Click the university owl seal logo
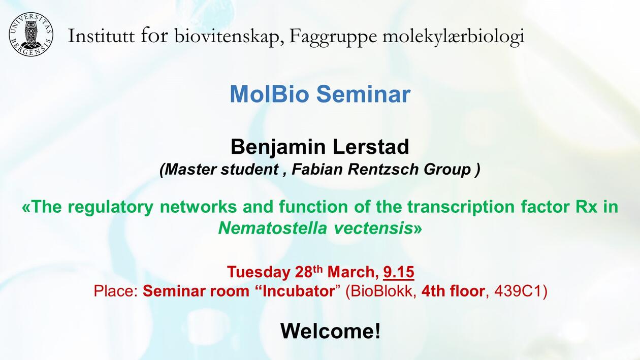tap(31, 35)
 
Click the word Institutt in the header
tap(101, 36)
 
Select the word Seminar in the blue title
tap(364, 94)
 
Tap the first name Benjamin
tap(278, 147)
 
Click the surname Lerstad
tap(371, 147)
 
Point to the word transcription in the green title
tap(461, 207)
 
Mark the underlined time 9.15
tap(399, 272)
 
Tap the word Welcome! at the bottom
tap(331, 331)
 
